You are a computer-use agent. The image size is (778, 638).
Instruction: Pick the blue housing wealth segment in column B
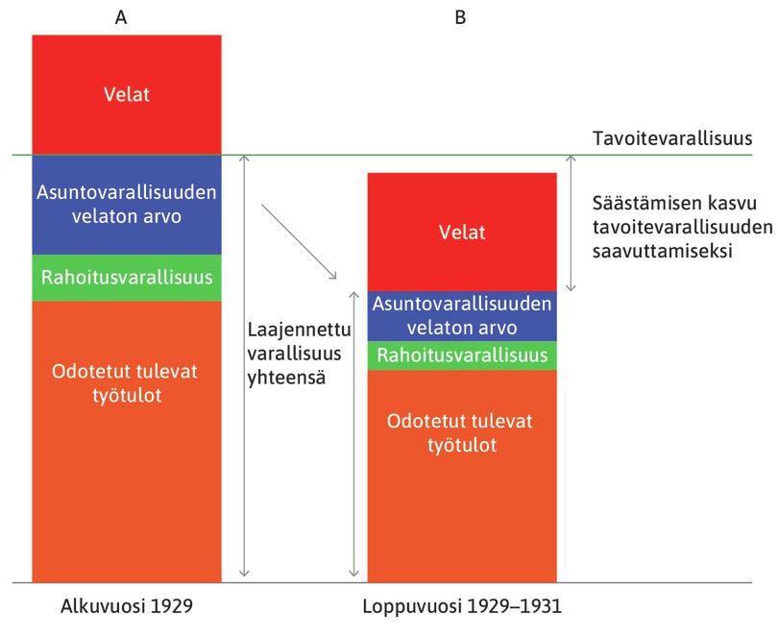pos(462,316)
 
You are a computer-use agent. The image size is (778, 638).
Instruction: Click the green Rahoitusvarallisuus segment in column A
pos(127,278)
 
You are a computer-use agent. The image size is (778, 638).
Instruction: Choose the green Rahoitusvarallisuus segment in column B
pos(462,356)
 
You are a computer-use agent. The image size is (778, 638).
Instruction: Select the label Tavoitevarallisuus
pos(672,138)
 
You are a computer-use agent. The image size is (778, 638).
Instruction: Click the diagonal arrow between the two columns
pos(299,241)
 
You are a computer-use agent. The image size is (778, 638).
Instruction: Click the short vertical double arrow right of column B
pos(571,223)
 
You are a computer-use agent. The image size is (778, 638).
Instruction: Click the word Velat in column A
pos(127,94)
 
